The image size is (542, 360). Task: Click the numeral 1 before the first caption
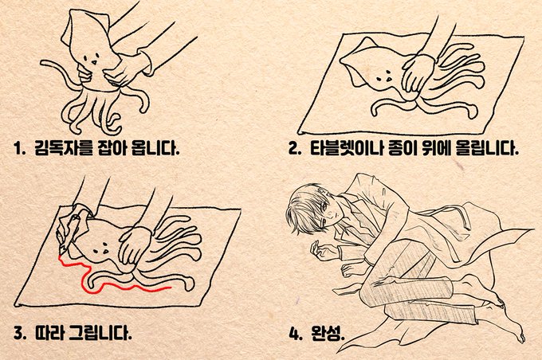18,149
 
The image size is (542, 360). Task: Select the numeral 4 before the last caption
294,334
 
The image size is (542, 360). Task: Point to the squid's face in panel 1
92,58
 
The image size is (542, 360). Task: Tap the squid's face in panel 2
384,78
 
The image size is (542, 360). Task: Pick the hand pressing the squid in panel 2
418,73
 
